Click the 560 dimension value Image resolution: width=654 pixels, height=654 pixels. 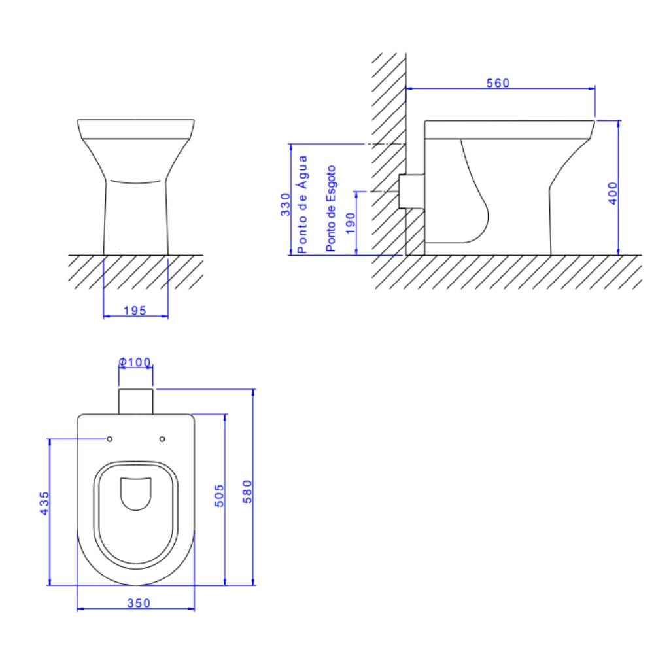[498, 83]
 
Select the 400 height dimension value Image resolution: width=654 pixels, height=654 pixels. [612, 193]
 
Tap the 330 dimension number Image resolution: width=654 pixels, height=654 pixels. [285, 204]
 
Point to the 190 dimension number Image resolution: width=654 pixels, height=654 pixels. [351, 223]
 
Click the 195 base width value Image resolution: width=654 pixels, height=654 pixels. [135, 310]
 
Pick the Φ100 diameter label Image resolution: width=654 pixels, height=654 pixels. [135, 362]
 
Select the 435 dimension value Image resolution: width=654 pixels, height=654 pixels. [44, 503]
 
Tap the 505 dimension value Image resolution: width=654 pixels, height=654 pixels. [219, 496]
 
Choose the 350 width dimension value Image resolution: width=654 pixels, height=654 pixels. [139, 603]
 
